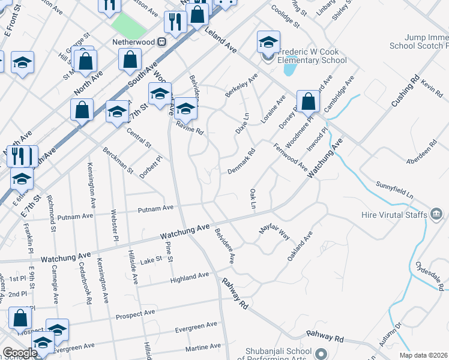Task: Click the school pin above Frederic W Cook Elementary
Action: [268, 42]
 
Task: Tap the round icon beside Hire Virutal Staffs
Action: [436, 214]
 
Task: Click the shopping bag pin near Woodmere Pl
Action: [308, 101]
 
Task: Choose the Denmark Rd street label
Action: [242, 162]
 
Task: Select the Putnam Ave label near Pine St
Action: [155, 208]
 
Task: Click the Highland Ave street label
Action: [190, 277]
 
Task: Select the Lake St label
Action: [151, 260]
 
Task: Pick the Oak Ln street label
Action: [253, 199]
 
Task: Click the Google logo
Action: [20, 353]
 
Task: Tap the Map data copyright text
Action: [423, 355]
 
